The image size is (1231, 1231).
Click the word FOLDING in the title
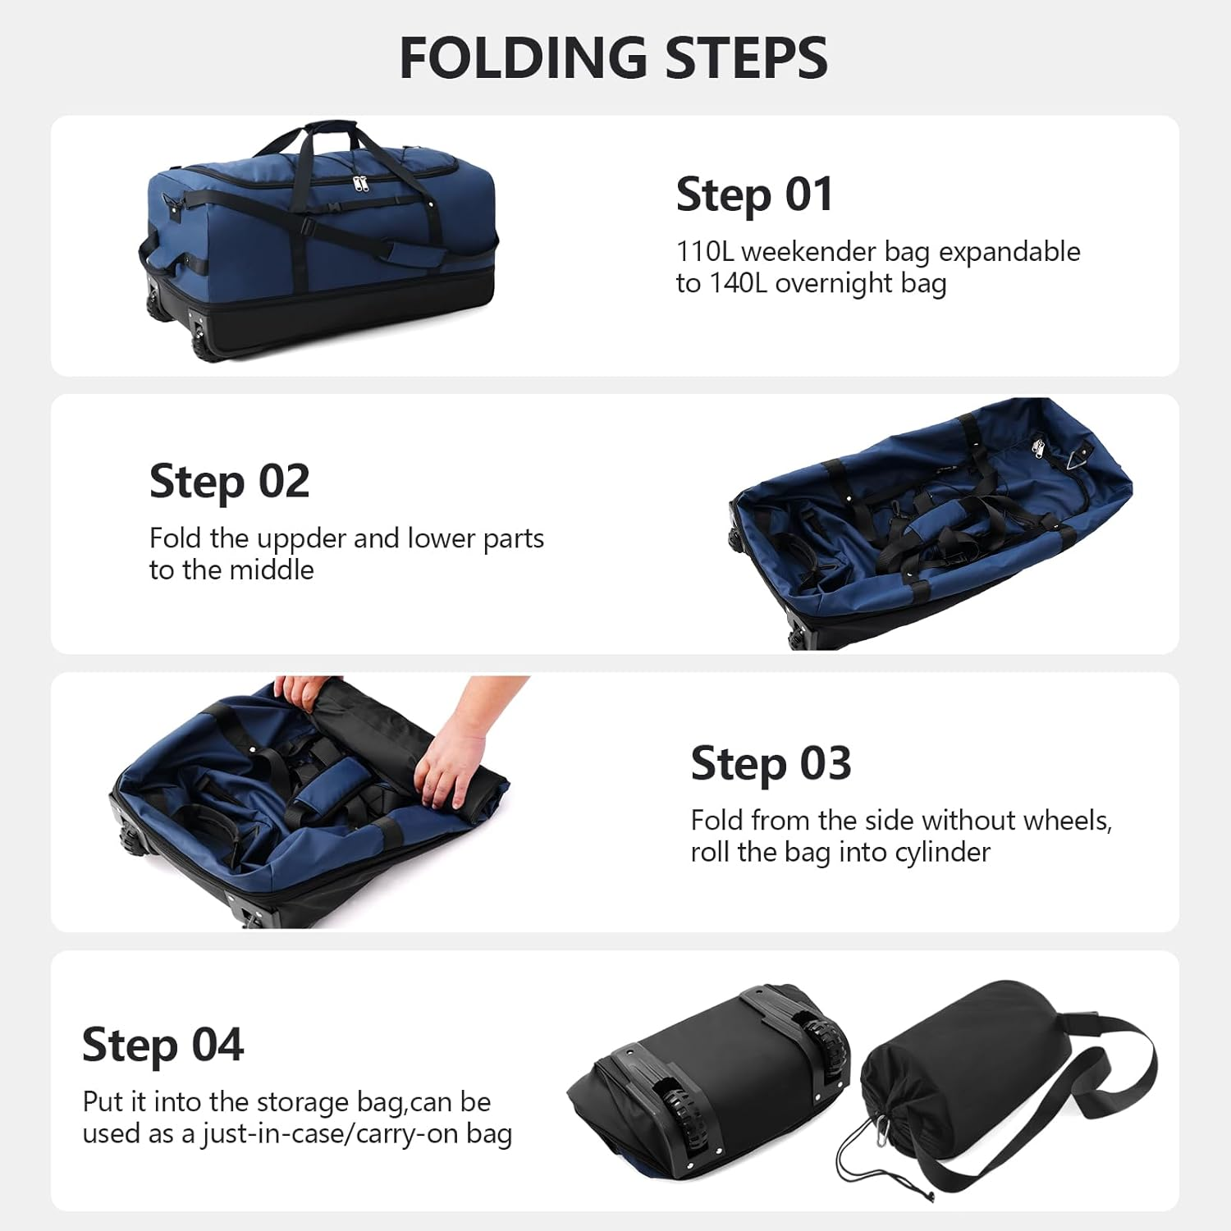click(523, 58)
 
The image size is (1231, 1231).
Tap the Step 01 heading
click(754, 195)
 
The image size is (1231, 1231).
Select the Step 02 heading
click(229, 481)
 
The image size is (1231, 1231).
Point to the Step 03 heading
click(771, 763)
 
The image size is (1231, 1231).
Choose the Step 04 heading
click(162, 1045)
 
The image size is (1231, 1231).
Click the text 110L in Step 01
click(704, 252)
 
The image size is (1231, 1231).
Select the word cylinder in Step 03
click(942, 853)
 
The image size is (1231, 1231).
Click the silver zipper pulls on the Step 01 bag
click(360, 183)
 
